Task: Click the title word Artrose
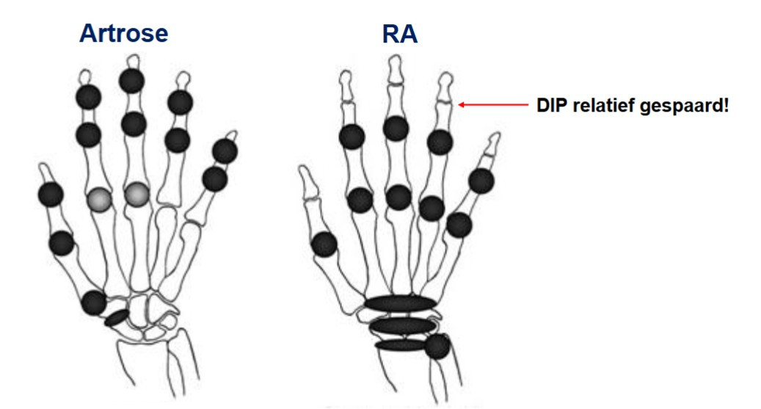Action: pos(123,33)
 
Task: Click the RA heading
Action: pos(400,33)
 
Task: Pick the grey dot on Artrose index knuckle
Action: pos(99,199)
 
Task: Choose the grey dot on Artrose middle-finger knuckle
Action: pos(136,195)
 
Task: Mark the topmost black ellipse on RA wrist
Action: pos(400,303)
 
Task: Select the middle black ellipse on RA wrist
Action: pos(402,325)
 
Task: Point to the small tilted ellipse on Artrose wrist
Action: pos(117,319)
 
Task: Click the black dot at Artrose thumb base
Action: pos(94,301)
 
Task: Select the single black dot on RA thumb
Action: pos(324,245)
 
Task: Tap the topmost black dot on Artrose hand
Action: pos(131,81)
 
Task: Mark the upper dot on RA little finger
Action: pos(481,181)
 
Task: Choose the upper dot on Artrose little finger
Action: pos(225,151)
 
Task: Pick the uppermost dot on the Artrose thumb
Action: pos(51,194)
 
